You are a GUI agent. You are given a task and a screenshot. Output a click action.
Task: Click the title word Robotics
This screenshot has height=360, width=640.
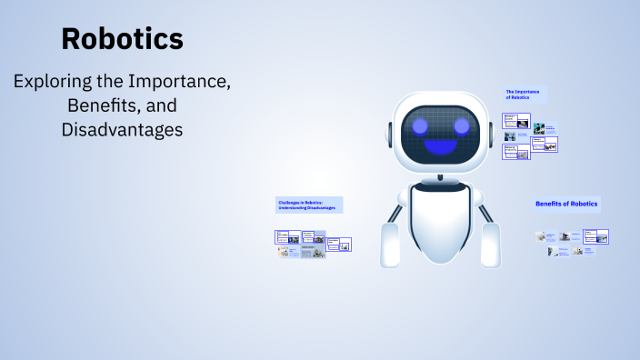[x=122, y=39]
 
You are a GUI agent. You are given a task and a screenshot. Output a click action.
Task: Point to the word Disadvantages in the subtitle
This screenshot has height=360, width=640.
[x=122, y=130]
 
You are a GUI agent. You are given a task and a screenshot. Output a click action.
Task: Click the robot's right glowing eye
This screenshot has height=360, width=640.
[x=462, y=125]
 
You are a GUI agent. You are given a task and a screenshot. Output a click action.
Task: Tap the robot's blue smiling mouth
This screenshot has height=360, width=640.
[x=442, y=146]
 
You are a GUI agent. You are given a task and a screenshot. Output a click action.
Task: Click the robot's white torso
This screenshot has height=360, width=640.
[x=441, y=223]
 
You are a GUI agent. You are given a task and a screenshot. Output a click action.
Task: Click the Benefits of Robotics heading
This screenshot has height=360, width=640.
[x=566, y=204]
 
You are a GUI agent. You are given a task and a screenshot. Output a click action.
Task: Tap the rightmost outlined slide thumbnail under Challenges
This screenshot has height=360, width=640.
[x=339, y=244]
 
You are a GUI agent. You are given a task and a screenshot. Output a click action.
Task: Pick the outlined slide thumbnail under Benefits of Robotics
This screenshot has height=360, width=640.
[x=595, y=236]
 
